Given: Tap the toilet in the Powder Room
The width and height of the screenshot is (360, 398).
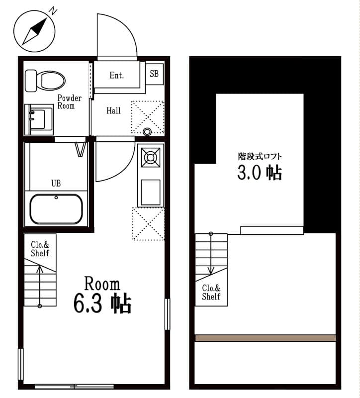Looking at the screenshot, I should (x=46, y=80).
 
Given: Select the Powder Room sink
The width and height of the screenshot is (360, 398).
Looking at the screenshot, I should (x=39, y=118).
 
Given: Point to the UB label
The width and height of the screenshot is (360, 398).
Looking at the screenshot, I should (x=56, y=183).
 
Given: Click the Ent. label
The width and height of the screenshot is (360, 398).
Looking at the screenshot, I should (x=117, y=76).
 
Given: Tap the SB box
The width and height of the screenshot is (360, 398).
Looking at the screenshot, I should (x=154, y=74).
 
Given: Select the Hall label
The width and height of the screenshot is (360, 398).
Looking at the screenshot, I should (x=113, y=110).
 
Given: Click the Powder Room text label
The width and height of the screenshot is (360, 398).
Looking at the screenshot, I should (x=69, y=102).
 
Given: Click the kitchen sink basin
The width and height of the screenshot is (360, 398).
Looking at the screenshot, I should (x=150, y=192).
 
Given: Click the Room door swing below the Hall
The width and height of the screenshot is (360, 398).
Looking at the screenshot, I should (x=113, y=160).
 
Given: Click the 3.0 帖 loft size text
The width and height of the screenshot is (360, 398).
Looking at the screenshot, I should (x=259, y=173).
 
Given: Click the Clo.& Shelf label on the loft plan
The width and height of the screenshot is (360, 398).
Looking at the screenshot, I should (x=211, y=293).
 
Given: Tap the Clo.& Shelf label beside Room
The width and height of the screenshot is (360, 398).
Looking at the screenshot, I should (x=40, y=249).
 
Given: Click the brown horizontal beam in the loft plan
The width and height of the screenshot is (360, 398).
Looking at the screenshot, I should (x=265, y=338).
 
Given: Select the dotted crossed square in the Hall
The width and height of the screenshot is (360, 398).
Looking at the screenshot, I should (x=147, y=117).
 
